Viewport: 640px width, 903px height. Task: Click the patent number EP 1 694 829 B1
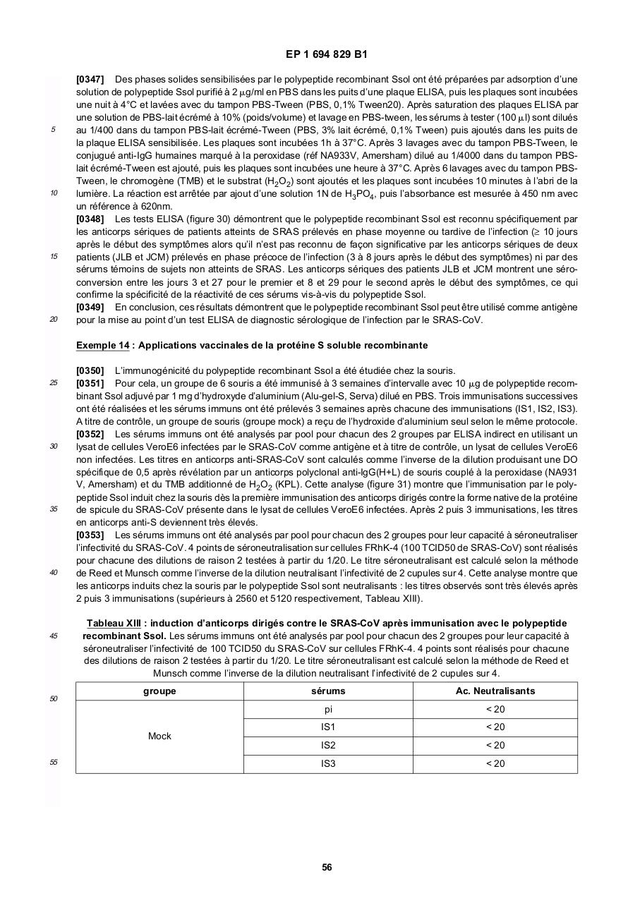(x=326, y=54)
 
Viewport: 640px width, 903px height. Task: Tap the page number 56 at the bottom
(x=327, y=867)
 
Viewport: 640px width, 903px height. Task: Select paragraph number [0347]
(x=90, y=80)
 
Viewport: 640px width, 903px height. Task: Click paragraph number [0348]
(x=90, y=219)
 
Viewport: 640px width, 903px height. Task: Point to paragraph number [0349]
(x=90, y=307)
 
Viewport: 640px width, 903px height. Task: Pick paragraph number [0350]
(x=90, y=371)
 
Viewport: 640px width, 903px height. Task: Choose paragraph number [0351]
(x=90, y=384)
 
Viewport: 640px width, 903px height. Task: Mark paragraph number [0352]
(x=90, y=435)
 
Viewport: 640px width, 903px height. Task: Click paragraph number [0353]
(x=90, y=535)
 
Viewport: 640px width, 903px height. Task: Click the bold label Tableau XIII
(x=111, y=623)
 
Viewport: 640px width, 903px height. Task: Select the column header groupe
(x=159, y=691)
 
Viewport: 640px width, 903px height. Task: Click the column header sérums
(x=328, y=691)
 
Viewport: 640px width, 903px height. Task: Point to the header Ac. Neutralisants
(x=495, y=691)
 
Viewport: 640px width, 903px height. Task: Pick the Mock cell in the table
(x=159, y=737)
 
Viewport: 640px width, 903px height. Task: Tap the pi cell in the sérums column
(x=328, y=709)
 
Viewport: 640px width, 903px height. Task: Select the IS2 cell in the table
(x=328, y=746)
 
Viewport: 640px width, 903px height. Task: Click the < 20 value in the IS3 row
(x=495, y=764)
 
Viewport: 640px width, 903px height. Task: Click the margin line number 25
(x=54, y=383)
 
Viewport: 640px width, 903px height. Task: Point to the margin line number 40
(x=54, y=573)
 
